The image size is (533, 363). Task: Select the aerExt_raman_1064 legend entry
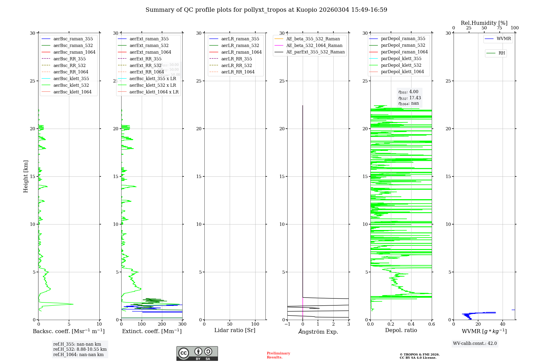point(150,52)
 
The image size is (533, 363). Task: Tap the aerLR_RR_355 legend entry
point(236,59)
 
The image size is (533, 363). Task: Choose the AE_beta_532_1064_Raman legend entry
point(314,45)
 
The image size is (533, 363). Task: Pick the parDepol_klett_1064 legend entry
point(402,72)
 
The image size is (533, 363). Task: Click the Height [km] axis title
point(26,176)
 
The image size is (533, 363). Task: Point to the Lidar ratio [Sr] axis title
point(235,330)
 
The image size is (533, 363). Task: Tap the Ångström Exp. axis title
point(318,332)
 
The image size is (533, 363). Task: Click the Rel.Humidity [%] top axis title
point(484,23)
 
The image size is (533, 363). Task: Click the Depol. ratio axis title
point(401,330)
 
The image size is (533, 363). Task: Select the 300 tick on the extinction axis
point(183,324)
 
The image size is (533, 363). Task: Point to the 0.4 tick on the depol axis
point(411,324)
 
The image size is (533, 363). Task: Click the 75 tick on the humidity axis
point(499,28)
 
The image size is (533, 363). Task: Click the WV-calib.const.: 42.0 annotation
point(475,343)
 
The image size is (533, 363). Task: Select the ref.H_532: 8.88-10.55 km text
point(80,349)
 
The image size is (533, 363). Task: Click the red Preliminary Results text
point(278,355)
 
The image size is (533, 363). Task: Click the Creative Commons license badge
point(197,353)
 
